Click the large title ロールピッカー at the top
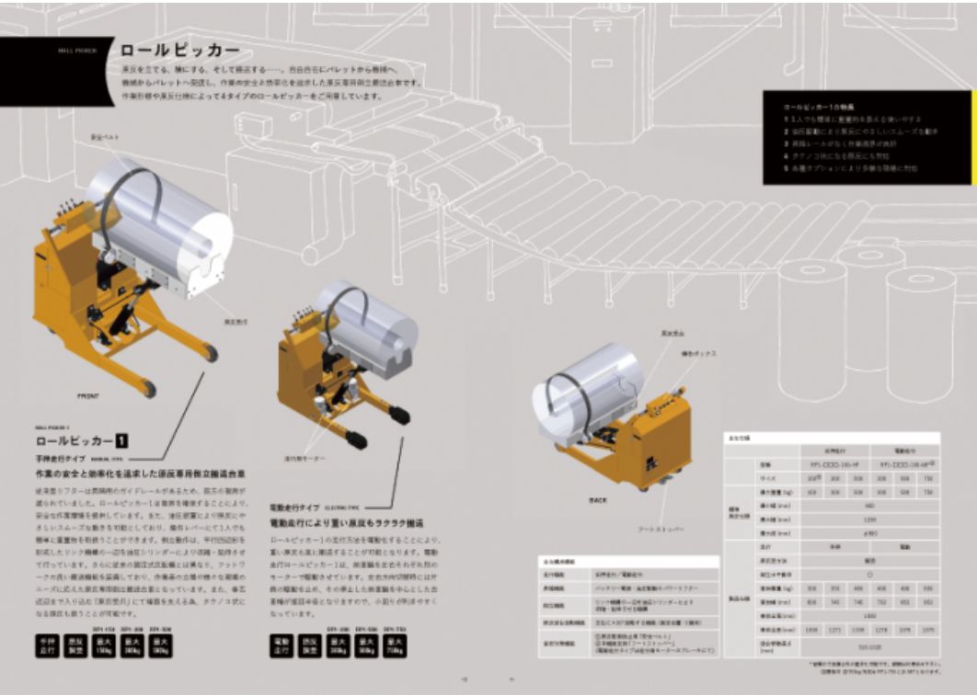click(x=180, y=51)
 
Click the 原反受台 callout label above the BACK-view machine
click(x=672, y=332)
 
